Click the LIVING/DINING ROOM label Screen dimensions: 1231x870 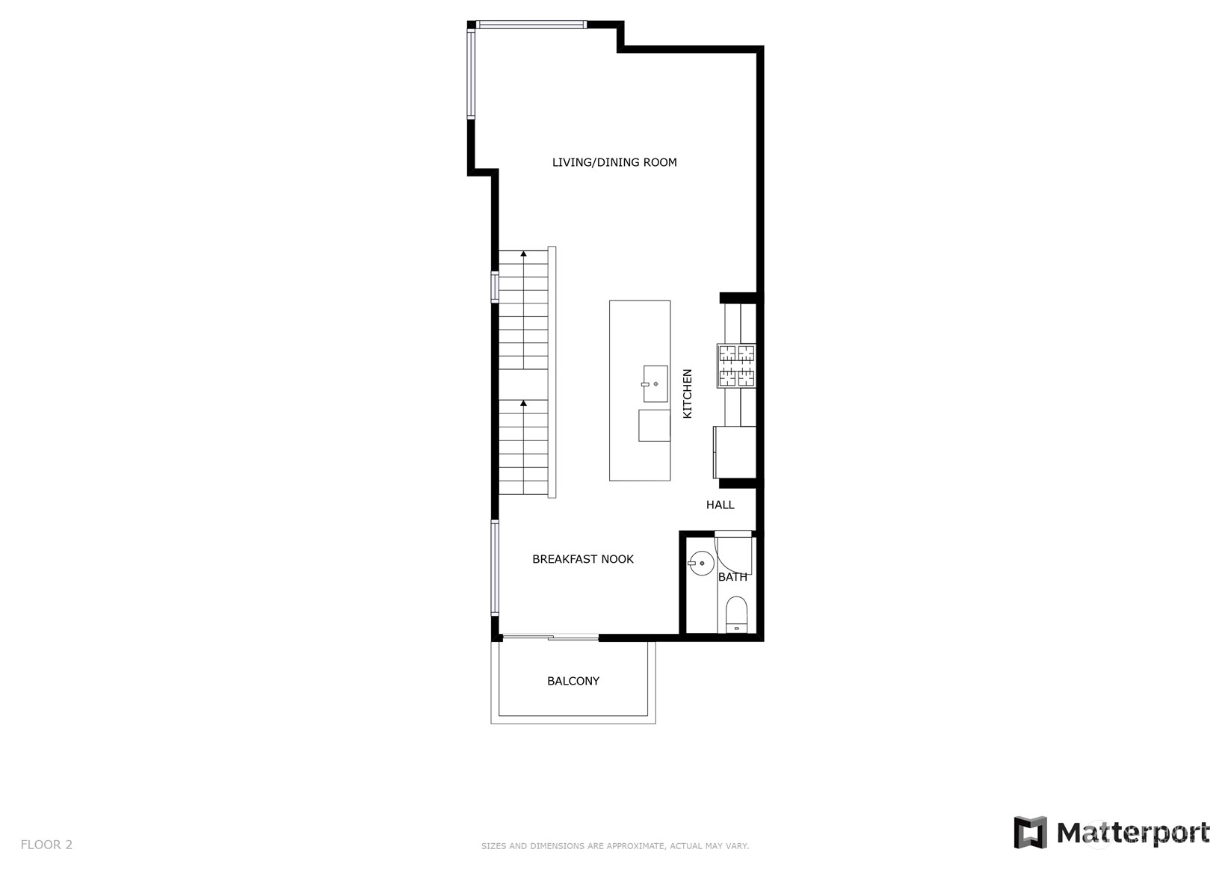click(614, 162)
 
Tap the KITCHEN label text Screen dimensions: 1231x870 click(688, 393)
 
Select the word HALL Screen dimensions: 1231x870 click(720, 505)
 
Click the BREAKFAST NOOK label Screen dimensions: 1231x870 click(582, 559)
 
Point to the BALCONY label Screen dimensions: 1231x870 click(573, 681)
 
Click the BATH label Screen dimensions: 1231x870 click(732, 577)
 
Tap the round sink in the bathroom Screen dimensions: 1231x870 click(701, 564)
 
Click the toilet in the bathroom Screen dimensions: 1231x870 click(737, 614)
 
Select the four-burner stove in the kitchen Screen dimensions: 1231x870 click(736, 365)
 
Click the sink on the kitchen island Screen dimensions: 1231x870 click(655, 383)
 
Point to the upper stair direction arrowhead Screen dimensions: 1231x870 click(524, 254)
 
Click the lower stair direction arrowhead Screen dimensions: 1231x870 click(524, 404)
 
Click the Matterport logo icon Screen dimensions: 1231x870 click(1031, 833)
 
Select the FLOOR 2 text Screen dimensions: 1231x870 click(46, 845)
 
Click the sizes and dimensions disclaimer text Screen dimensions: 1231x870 click(615, 846)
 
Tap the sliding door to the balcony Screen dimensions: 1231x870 click(551, 637)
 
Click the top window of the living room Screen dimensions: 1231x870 click(531, 24)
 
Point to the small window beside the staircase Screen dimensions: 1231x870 click(495, 287)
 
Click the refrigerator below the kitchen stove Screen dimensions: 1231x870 click(735, 452)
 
